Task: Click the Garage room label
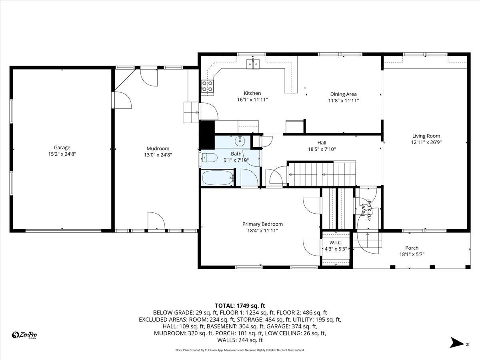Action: tap(62, 148)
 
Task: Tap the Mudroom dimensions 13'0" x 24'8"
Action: tap(158, 155)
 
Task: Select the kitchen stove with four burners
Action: tap(207, 86)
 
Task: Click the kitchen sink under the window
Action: tap(253, 63)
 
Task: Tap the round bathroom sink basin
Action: tap(240, 140)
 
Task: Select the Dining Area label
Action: tap(343, 94)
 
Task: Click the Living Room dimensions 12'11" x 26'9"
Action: tap(426, 142)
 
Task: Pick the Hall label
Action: tap(322, 143)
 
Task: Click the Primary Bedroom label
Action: tap(262, 224)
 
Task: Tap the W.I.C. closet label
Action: tap(336, 242)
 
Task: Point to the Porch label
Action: tap(412, 248)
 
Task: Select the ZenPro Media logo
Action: tap(25, 335)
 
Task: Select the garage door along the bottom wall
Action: tap(63, 230)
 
